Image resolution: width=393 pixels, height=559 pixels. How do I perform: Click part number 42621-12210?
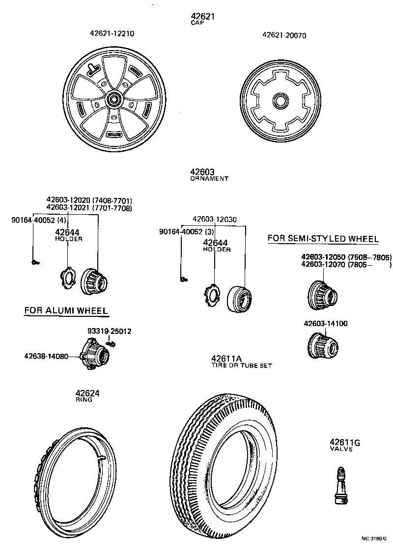pyautogui.click(x=112, y=34)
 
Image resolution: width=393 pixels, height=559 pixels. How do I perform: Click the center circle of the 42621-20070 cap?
pyautogui.click(x=281, y=101)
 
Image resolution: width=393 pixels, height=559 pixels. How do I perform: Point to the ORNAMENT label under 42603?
pyautogui.click(x=209, y=179)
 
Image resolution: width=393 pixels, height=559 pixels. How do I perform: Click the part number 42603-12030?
pyautogui.click(x=214, y=220)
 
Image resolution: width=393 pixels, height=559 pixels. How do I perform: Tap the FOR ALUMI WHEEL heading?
pyautogui.click(x=66, y=310)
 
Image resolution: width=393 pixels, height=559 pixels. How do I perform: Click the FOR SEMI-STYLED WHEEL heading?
pyautogui.click(x=323, y=239)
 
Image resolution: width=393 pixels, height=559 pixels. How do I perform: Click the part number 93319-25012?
pyautogui.click(x=110, y=332)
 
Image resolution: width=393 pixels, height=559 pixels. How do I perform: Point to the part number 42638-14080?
pyautogui.click(x=47, y=356)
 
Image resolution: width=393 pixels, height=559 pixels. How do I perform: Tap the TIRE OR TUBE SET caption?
pyautogui.click(x=241, y=365)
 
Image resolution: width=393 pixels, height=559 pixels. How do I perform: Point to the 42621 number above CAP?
pyautogui.click(x=202, y=17)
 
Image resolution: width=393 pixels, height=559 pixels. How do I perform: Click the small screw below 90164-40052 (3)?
pyautogui.click(x=183, y=279)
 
